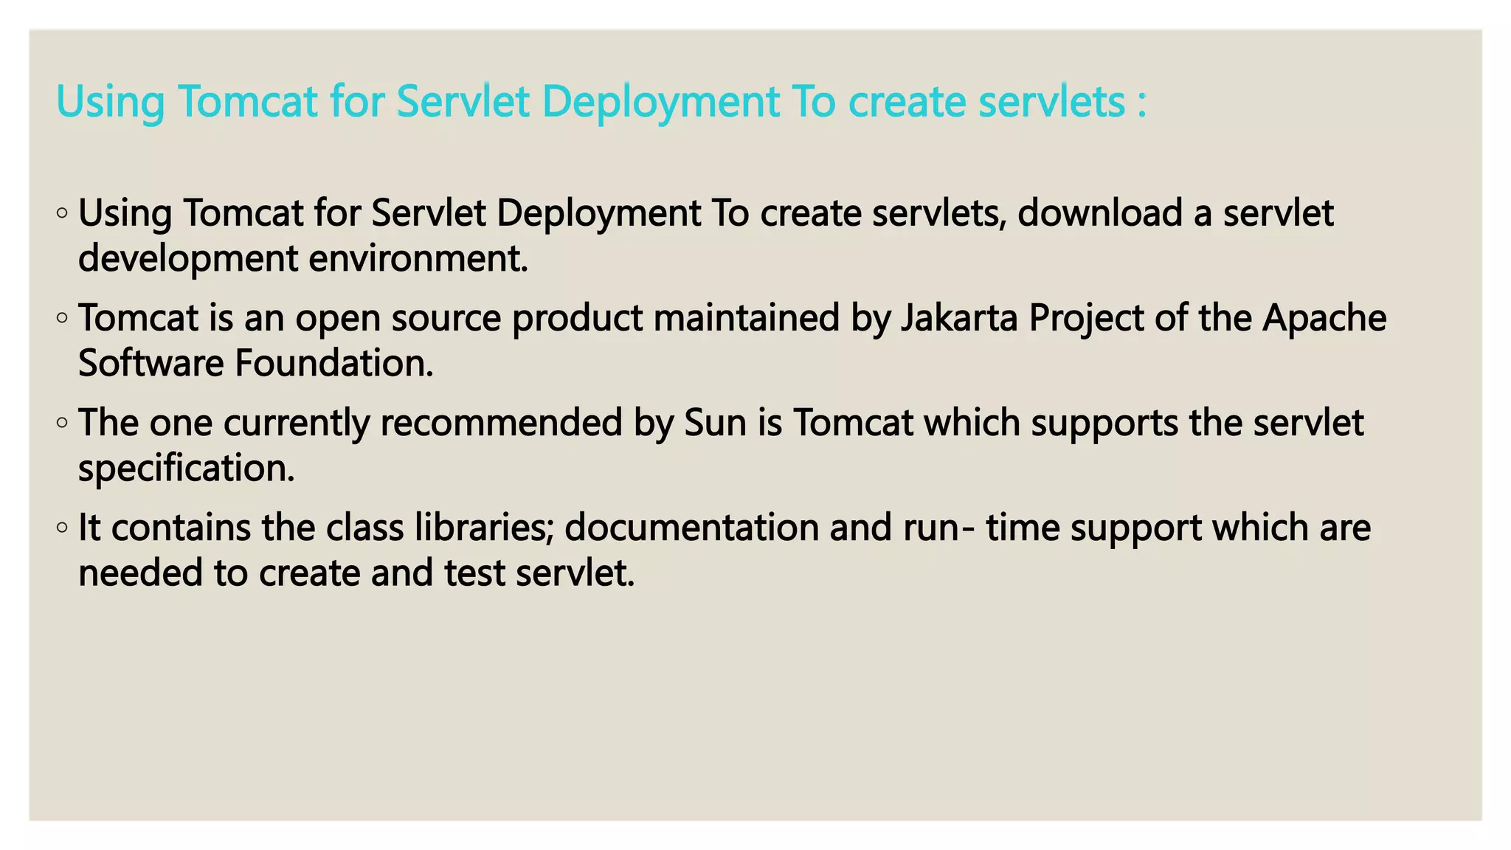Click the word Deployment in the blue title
tap(660, 102)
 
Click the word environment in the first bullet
tap(418, 259)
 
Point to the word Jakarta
tap(959, 318)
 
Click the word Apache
tap(1324, 318)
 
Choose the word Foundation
tap(333, 364)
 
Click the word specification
tap(186, 469)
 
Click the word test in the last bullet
tap(474, 573)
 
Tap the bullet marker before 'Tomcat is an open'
tap(63, 319)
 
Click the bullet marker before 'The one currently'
tap(63, 424)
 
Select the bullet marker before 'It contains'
tap(63, 528)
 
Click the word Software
tap(151, 364)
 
